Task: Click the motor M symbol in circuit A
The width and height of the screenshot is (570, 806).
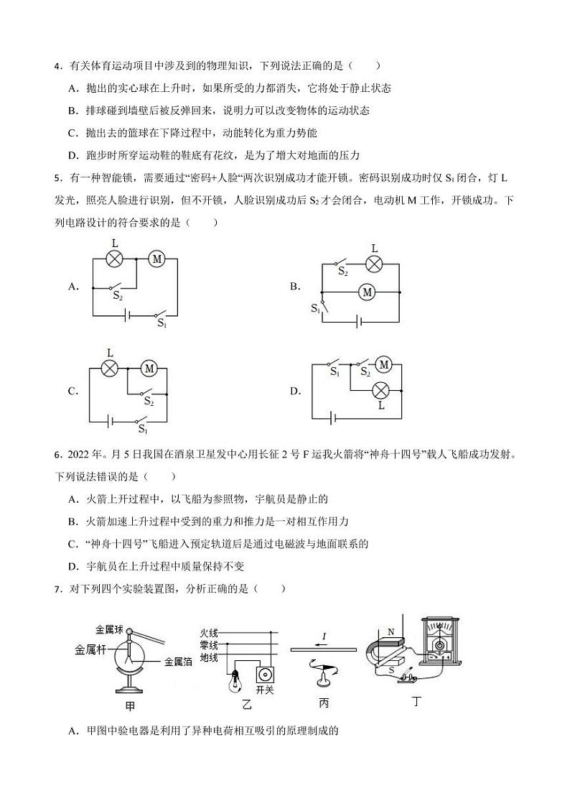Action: [x=157, y=259]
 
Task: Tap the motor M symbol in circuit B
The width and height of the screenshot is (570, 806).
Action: [x=368, y=292]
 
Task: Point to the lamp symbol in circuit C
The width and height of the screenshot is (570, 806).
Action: [x=109, y=369]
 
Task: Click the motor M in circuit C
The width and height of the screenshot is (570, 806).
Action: [x=149, y=369]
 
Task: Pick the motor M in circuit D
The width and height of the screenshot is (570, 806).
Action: [x=383, y=366]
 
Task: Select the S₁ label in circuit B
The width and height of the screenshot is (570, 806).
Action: [x=315, y=308]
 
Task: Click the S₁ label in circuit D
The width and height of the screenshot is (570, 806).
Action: [x=335, y=372]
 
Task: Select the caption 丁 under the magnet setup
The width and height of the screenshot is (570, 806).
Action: [x=416, y=700]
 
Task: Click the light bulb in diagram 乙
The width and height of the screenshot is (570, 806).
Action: [x=235, y=680]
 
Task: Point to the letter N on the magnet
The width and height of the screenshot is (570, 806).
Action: [x=391, y=632]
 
